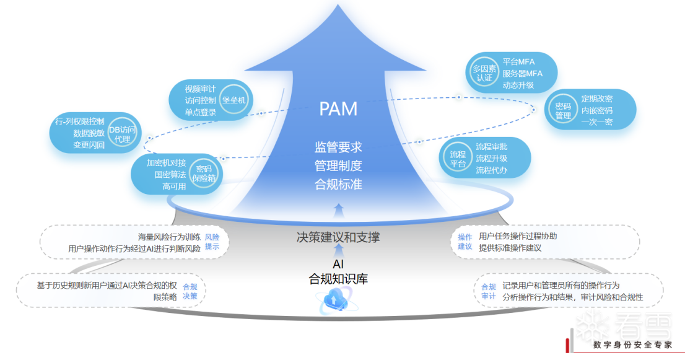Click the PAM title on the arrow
click(338, 108)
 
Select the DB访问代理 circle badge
click(123, 134)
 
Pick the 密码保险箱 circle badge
click(204, 173)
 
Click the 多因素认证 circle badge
click(484, 73)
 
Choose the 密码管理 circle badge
click(562, 110)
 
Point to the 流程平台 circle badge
click(458, 159)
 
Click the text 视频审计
click(200, 89)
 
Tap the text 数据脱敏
click(89, 133)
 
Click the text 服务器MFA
click(522, 73)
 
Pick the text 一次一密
click(596, 122)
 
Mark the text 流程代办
click(491, 170)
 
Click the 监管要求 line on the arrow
click(338, 147)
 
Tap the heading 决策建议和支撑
click(338, 237)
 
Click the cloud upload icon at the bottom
click(335, 302)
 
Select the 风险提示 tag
click(212, 242)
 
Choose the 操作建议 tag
click(465, 242)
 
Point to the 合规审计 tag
click(488, 291)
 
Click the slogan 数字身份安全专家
click(632, 345)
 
